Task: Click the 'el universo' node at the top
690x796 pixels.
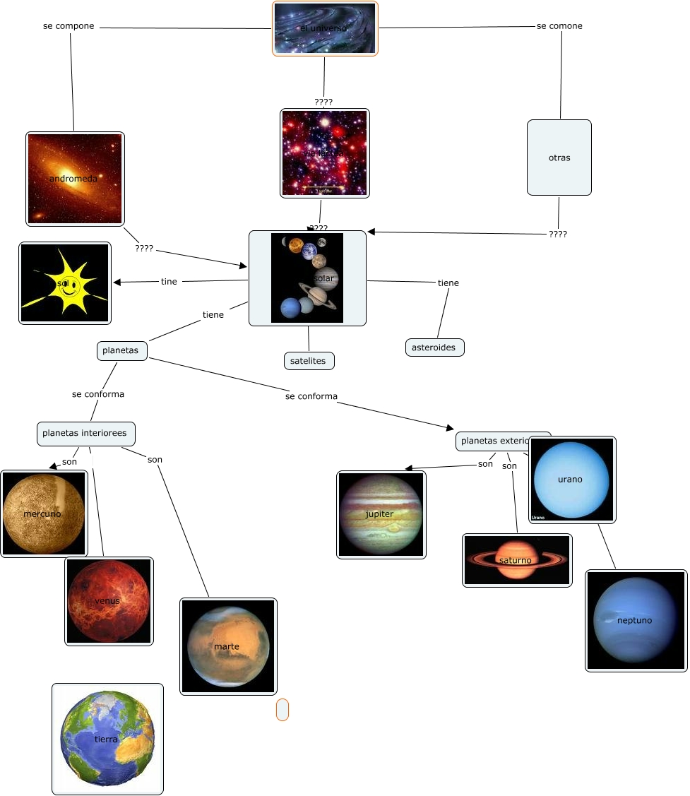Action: coord(325,28)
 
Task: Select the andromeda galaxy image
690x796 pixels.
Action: coord(75,179)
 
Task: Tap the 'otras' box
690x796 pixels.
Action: coord(559,158)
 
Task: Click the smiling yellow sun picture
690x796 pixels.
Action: coord(65,283)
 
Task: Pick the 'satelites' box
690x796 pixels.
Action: coord(308,361)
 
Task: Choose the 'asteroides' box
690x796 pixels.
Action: coord(434,347)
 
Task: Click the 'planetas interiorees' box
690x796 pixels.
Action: coord(85,433)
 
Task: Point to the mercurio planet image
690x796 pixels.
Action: coord(44,513)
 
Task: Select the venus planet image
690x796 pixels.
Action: coord(109,601)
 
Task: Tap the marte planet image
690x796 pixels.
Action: coord(228,646)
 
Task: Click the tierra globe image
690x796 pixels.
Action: coord(107,739)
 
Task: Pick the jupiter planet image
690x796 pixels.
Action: coord(381,514)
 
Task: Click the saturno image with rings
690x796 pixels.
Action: coord(517,560)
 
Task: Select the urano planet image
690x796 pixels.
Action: coord(572,479)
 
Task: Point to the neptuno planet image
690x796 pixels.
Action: coord(636,620)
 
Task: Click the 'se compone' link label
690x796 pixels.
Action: coord(69,26)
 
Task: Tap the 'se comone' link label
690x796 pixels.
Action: coord(559,26)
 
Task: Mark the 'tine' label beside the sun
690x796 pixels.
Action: coord(169,282)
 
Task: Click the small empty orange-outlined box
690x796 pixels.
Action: coord(282,710)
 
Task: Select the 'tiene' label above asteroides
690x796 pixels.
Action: coord(448,283)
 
